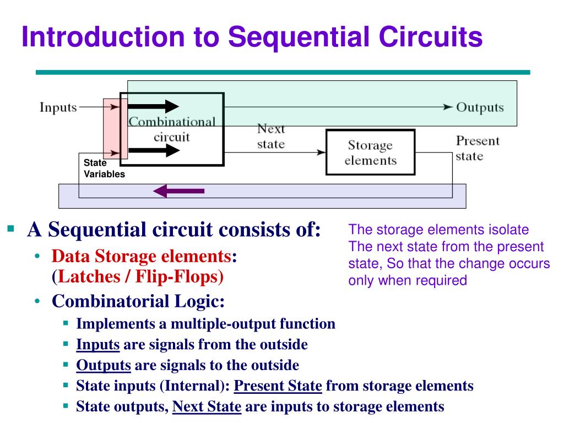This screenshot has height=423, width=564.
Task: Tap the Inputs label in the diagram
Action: (58, 107)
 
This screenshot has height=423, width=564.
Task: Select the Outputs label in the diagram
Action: (480, 107)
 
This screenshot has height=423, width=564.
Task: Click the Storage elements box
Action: (370, 153)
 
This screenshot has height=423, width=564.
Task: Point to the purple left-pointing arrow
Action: (178, 191)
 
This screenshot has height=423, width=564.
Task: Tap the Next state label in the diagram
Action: (271, 136)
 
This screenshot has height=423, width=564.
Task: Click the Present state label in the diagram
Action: (477, 148)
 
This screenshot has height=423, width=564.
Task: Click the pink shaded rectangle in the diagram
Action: (111, 132)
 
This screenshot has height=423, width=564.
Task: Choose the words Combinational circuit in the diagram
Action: (172, 129)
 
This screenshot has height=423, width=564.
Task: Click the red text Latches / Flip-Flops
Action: (138, 276)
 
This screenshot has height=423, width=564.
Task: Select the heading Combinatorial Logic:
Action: (139, 301)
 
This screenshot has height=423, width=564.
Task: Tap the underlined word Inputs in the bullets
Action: (98, 345)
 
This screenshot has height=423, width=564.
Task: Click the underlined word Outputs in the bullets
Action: (104, 365)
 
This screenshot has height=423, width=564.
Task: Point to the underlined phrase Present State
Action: (278, 386)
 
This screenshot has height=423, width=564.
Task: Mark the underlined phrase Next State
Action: (207, 406)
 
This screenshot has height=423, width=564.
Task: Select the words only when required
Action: (407, 280)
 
